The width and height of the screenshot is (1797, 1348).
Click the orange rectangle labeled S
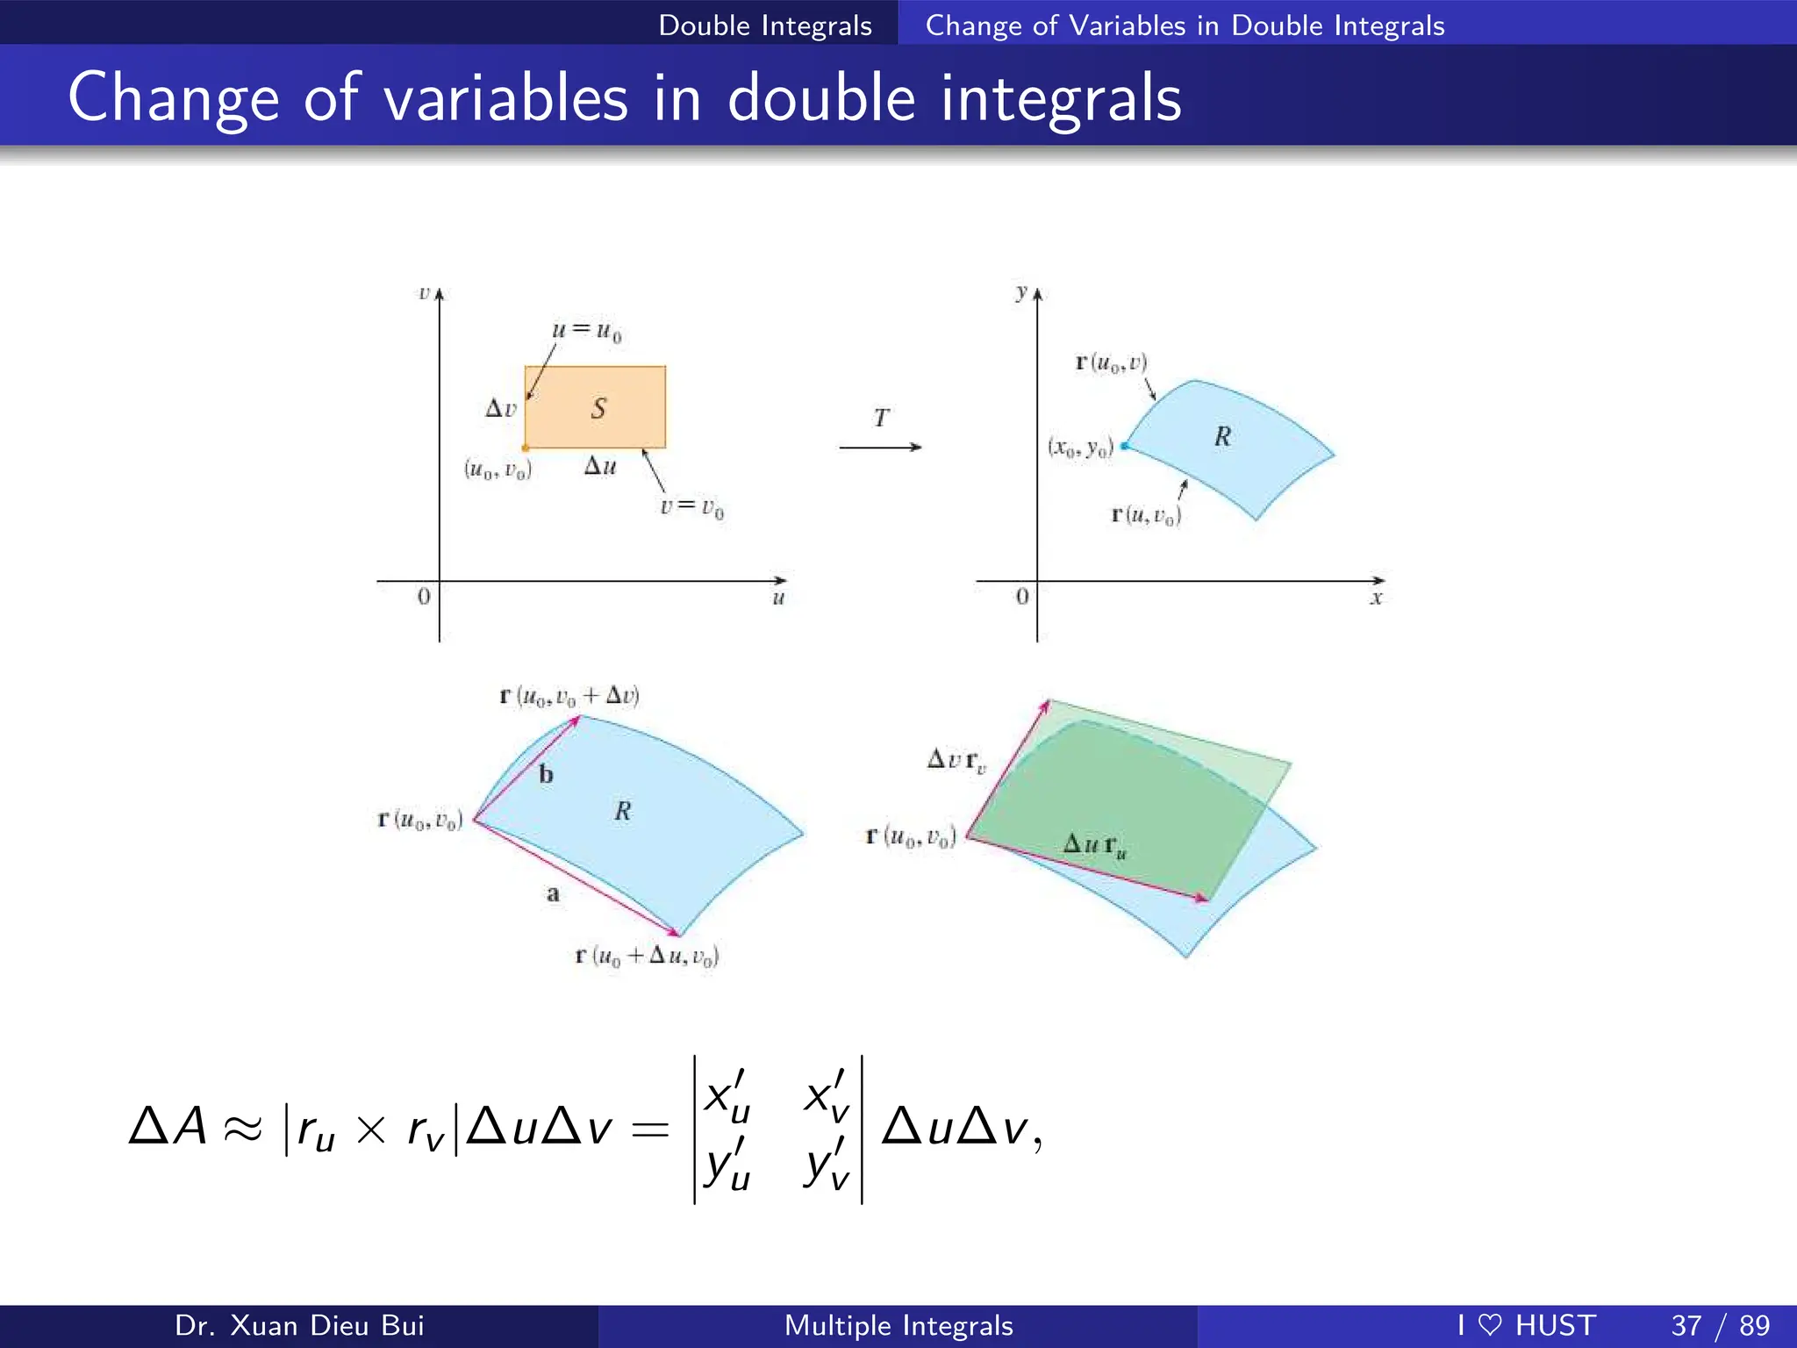click(x=595, y=407)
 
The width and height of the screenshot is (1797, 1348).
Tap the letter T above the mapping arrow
click(x=881, y=418)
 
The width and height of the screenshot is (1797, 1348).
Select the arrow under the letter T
click(x=880, y=448)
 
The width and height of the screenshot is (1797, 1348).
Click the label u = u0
click(x=586, y=332)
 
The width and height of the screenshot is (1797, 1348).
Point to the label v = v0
click(x=691, y=507)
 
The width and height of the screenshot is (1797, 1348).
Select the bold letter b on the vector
click(x=546, y=774)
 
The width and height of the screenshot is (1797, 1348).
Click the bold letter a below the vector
click(x=553, y=894)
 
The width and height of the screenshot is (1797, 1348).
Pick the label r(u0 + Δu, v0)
click(x=647, y=956)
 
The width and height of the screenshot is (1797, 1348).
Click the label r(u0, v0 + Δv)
click(x=569, y=697)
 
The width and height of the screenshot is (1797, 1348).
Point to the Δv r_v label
click(x=956, y=760)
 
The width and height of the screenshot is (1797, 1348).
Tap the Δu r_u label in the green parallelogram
click(x=1094, y=846)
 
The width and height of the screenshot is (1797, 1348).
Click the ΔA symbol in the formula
click(x=168, y=1127)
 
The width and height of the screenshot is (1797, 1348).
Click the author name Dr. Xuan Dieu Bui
click(x=299, y=1325)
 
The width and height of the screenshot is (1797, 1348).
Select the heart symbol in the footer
click(x=1490, y=1325)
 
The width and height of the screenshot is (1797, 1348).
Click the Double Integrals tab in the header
click(x=765, y=25)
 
